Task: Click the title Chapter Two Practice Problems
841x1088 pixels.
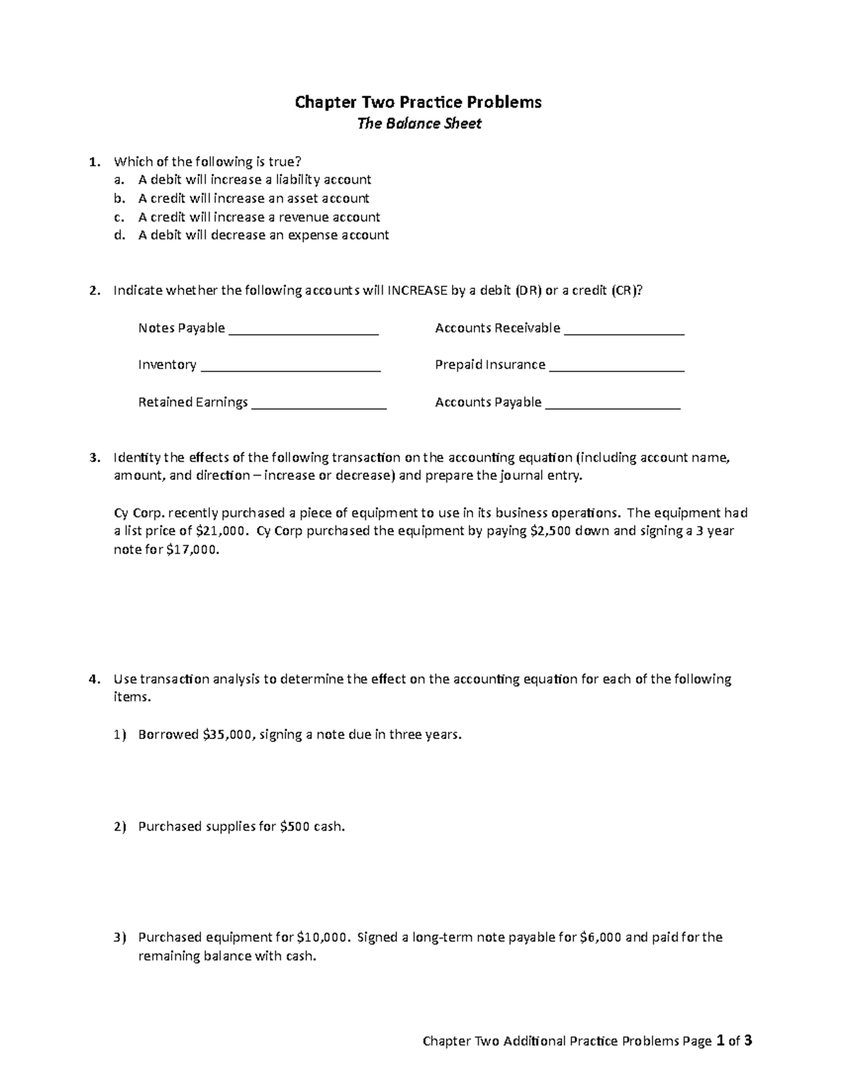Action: pyautogui.click(x=418, y=102)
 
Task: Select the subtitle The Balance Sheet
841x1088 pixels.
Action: pyautogui.click(x=419, y=124)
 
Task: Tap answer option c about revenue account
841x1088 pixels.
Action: pyautogui.click(x=259, y=217)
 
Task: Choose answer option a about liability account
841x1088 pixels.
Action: pyautogui.click(x=254, y=180)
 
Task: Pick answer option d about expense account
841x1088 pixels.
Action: pyautogui.click(x=263, y=235)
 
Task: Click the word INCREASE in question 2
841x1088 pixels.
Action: pyautogui.click(x=416, y=291)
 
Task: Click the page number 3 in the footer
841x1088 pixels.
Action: pyautogui.click(x=748, y=1041)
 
